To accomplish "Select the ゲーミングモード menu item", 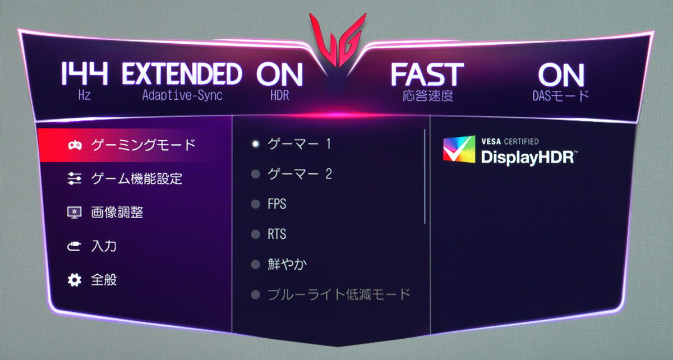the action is pos(144,145).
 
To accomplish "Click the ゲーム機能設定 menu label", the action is pos(137,178).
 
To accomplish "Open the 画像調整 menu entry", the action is pos(117,213).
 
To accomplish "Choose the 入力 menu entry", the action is pos(104,246).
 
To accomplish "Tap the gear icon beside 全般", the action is pos(74,280).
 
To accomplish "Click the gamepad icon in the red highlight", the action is pos(75,145).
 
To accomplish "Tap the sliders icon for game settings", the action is pos(74,178).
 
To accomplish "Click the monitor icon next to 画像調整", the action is pos(74,213).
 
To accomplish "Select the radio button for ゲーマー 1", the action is pos(255,144).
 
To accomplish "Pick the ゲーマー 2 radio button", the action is pos(255,174).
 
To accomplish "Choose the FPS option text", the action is pos(276,204).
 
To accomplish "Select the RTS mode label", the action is pos(276,234).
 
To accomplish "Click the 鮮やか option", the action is pos(287,265).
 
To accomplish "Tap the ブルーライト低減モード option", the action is pos(339,294).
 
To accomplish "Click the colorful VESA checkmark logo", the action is pos(459,149).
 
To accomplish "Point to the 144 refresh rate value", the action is pos(84,73).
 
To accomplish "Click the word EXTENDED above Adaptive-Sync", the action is pos(182,73).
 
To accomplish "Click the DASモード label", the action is pos(561,95).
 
